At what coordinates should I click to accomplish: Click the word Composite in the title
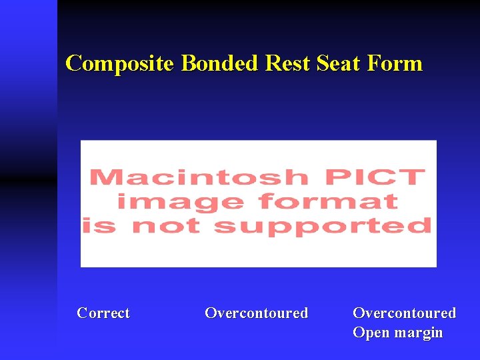click(x=119, y=64)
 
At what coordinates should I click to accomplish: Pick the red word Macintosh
click(x=198, y=178)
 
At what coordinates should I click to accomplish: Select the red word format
click(x=328, y=201)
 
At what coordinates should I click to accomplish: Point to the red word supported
click(x=323, y=226)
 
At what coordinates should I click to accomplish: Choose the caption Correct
click(x=103, y=313)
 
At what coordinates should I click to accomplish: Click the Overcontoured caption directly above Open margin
click(x=404, y=313)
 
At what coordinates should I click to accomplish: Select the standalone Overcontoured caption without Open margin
click(x=256, y=313)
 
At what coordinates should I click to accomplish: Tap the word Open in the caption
click(x=371, y=333)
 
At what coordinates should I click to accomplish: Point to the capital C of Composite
click(x=73, y=63)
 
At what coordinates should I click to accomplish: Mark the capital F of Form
click(x=377, y=63)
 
